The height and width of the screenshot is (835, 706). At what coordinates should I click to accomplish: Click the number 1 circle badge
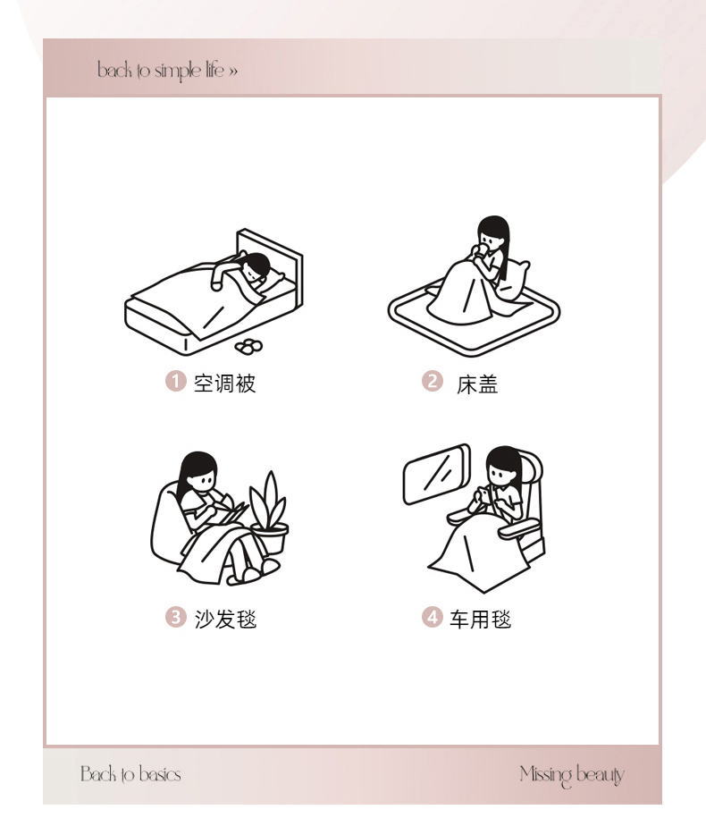(175, 381)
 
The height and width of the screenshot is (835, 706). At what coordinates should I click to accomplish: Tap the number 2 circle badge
(433, 381)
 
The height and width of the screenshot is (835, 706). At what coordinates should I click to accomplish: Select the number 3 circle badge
(175, 617)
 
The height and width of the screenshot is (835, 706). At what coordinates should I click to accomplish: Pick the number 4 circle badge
(433, 617)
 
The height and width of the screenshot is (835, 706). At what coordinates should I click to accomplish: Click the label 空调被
(224, 383)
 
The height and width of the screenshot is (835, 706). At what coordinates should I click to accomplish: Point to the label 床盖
(477, 384)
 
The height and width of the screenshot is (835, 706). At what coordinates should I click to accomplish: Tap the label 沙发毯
(225, 619)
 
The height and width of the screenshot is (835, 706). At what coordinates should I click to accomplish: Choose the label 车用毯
(480, 619)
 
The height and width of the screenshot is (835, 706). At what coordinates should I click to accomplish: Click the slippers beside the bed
(248, 347)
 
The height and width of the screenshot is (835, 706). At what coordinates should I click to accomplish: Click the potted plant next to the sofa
(270, 514)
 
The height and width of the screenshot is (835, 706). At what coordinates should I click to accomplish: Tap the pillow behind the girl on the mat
(512, 281)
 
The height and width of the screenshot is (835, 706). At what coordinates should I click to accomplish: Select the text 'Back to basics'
(131, 773)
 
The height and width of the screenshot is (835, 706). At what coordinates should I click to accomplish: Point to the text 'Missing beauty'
(572, 775)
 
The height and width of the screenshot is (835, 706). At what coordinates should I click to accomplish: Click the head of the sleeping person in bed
(256, 266)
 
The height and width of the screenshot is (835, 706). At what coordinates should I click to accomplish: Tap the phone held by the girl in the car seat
(482, 495)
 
